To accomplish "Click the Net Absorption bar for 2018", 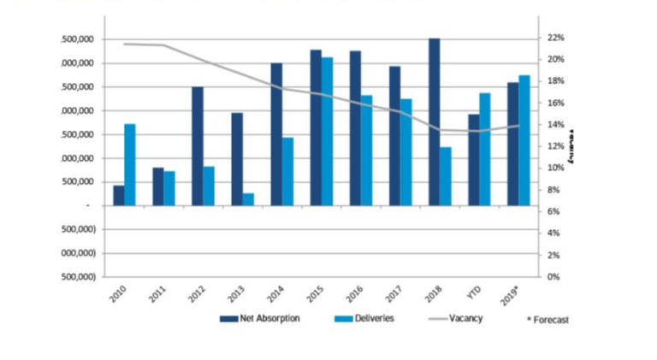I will (435, 121).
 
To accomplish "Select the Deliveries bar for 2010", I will (130, 165).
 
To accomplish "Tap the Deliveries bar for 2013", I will (248, 199).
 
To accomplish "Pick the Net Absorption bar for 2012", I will (197, 146).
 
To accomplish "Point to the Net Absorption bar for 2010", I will (118, 195).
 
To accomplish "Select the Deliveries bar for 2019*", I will (524, 140).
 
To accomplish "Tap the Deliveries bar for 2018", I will (446, 176).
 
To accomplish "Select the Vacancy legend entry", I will (465, 319).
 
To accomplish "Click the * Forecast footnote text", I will (547, 320).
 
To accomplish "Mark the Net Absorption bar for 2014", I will (276, 134).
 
